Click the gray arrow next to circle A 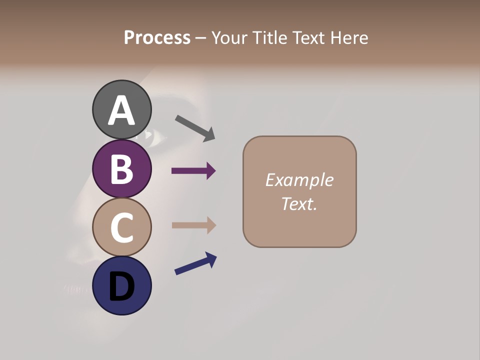click(195, 128)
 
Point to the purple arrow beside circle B click(193, 171)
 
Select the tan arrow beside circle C click(193, 225)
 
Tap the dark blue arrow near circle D click(195, 264)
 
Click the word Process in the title click(157, 38)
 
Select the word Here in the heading click(349, 38)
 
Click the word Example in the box click(299, 180)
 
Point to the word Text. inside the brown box click(299, 203)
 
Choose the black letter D click(121, 286)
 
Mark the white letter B click(121, 169)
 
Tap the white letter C click(121, 227)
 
